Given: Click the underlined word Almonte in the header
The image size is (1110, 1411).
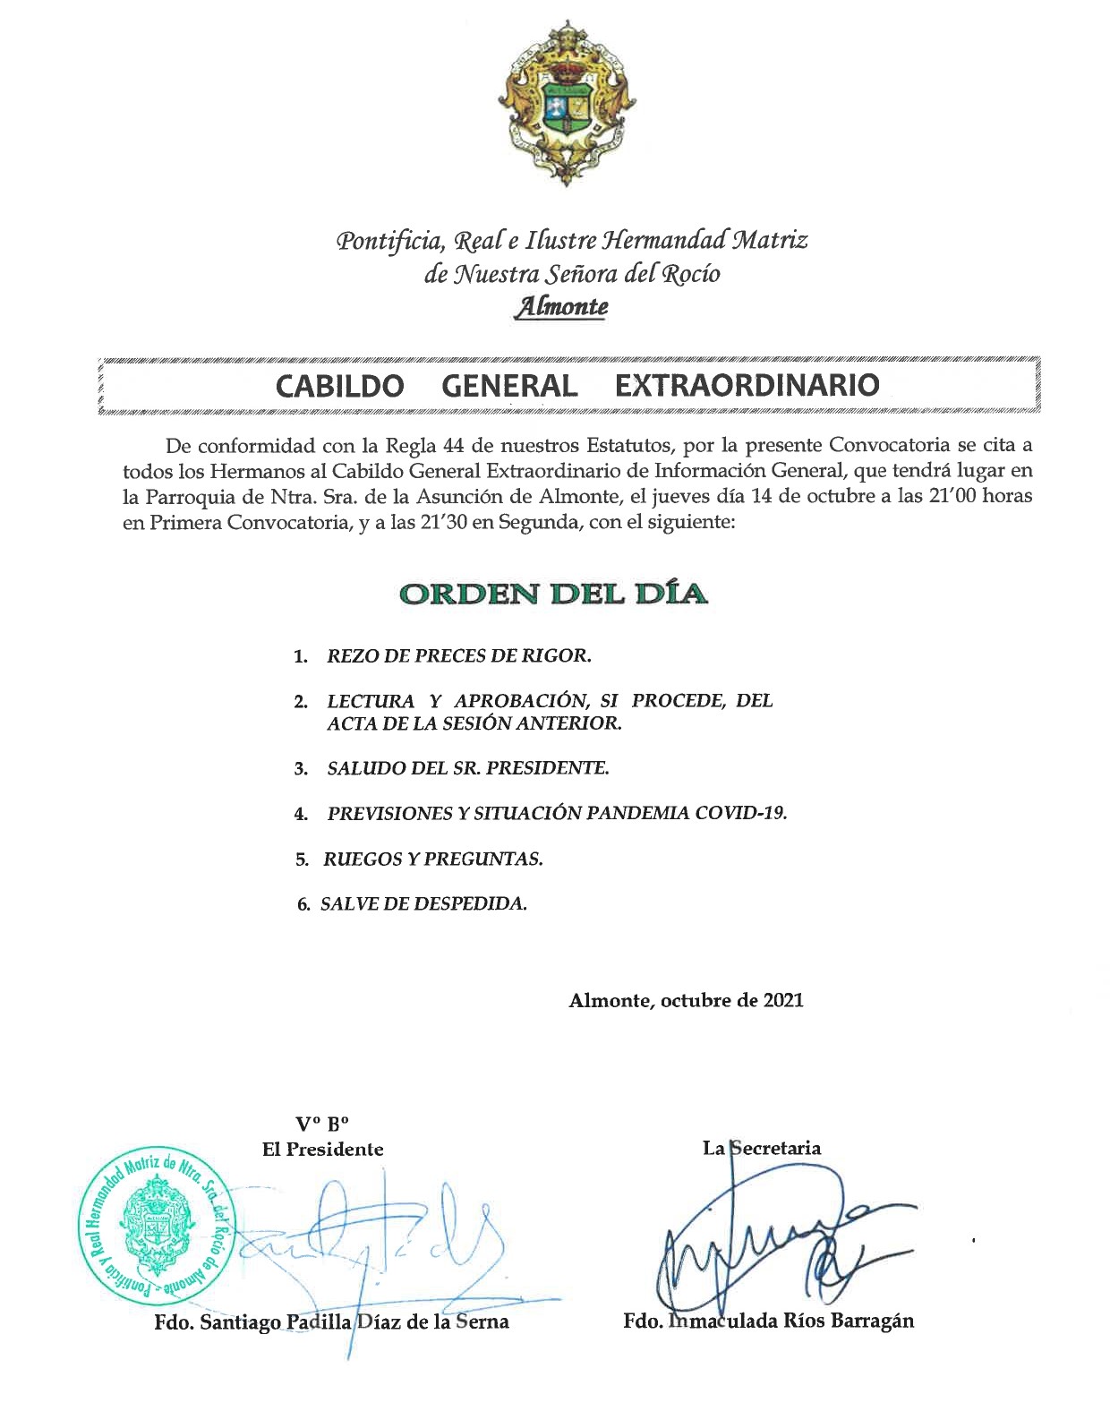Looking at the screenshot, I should point(560,307).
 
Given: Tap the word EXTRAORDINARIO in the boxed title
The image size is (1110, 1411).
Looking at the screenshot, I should point(747,385).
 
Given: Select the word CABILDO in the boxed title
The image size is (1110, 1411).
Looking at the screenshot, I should point(339,385).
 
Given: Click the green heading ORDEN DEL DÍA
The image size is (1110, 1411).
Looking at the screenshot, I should point(553,594).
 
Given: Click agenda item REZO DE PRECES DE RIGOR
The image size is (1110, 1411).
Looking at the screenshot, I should point(459,655).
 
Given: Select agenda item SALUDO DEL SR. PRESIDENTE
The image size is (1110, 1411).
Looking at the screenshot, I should point(467,767).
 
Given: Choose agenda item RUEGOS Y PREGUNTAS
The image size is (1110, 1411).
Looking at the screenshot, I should point(433,859).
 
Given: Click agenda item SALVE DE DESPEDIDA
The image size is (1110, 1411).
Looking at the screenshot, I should point(423,904).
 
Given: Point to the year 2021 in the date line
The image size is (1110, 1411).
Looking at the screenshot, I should point(783,1000).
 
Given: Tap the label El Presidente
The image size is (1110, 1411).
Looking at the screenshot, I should point(322,1149).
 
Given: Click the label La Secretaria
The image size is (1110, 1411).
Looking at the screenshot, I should point(762,1147).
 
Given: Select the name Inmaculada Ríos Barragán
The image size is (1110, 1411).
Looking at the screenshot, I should point(791,1321).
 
